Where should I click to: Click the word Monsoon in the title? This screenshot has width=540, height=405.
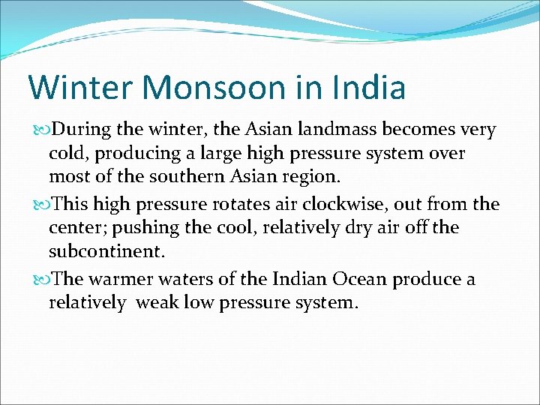point(205,87)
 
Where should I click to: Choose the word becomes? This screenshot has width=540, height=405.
point(417,130)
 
